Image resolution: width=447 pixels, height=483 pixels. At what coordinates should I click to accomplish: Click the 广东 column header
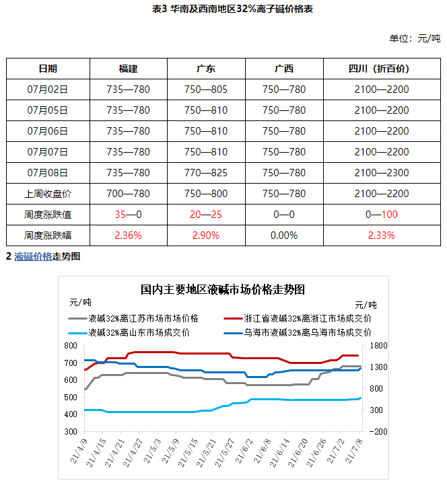click(x=206, y=69)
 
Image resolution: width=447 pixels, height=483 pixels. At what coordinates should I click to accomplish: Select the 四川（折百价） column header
click(x=381, y=69)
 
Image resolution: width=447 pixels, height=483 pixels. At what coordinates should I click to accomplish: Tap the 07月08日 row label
click(x=48, y=173)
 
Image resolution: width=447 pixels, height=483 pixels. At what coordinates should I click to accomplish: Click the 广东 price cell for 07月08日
click(x=206, y=173)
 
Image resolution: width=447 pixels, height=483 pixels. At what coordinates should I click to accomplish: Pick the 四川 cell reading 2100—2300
click(x=382, y=173)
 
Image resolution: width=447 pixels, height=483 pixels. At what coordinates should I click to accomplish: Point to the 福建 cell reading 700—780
click(x=128, y=194)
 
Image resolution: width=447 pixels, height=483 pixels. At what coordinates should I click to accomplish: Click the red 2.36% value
click(x=128, y=235)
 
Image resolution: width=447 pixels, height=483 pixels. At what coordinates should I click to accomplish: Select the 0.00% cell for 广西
click(x=284, y=235)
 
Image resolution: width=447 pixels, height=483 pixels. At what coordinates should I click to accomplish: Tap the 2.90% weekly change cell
click(x=206, y=235)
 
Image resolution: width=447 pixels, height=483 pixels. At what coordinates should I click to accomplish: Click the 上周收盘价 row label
click(x=48, y=194)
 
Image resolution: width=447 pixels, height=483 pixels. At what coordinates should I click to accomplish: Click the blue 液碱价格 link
click(x=33, y=256)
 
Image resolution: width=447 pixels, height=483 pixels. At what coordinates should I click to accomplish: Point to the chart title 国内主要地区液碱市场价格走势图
click(x=223, y=290)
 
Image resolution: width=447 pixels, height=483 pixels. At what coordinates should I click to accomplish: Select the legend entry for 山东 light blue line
click(x=139, y=332)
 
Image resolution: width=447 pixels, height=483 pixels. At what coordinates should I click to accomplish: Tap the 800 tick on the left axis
click(x=70, y=345)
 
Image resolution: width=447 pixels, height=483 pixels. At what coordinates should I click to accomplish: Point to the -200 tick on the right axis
click(x=374, y=431)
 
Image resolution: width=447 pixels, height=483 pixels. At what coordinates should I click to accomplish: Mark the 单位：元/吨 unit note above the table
click(x=415, y=38)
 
